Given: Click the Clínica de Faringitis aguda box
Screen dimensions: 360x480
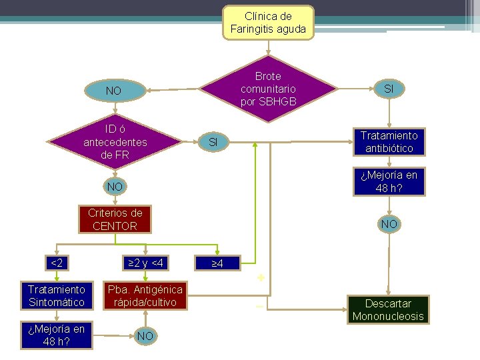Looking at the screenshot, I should [x=268, y=23].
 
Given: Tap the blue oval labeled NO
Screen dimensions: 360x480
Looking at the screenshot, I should [x=113, y=90].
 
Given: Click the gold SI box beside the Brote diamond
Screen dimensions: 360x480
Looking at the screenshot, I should [x=388, y=89].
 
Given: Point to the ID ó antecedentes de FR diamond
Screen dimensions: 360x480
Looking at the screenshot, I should [x=115, y=141].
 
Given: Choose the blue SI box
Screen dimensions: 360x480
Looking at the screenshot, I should [x=213, y=142].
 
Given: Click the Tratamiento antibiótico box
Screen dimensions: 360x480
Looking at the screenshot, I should [x=387, y=141].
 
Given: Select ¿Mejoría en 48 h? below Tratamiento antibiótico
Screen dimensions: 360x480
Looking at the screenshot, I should [x=389, y=181].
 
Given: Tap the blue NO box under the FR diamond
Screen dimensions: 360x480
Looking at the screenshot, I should [x=114, y=187].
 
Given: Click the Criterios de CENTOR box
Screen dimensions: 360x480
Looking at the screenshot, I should [x=115, y=219].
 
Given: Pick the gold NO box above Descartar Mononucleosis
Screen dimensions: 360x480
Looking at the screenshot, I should [x=389, y=224].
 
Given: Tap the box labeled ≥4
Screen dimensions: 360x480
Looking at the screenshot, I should [x=216, y=263].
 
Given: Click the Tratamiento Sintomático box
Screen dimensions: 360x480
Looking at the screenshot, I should [x=57, y=295].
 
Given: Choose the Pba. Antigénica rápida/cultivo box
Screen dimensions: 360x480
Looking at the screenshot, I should [x=147, y=295].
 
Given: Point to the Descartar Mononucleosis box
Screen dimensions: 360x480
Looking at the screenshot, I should [x=388, y=309].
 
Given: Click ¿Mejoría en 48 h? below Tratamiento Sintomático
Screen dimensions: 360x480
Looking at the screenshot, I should [x=57, y=335].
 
